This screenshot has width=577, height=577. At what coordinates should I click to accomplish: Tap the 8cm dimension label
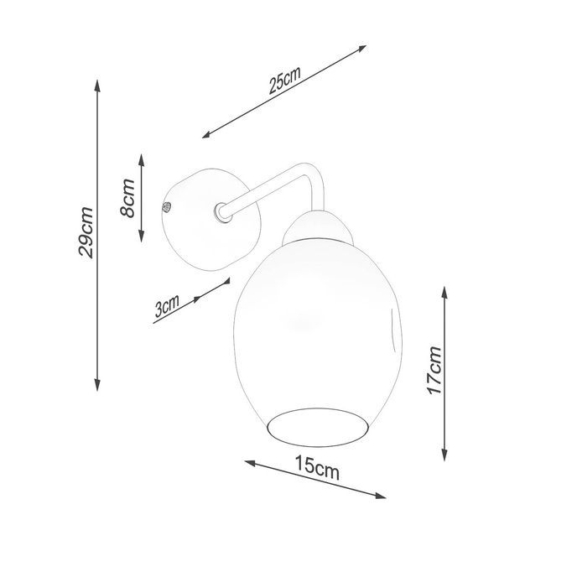(x=127, y=198)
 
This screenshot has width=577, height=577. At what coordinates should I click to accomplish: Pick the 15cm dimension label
(x=316, y=467)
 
